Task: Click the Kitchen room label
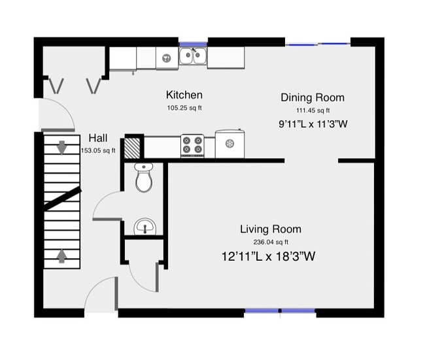[x=184, y=95]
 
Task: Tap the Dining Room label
[x=312, y=97]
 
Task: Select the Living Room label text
[x=270, y=229]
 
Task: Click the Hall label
[x=98, y=139]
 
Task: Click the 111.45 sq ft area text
[x=313, y=110]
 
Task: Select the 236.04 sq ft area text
[x=270, y=242]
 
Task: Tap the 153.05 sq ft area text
[x=98, y=150]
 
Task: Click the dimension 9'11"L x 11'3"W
[x=312, y=123]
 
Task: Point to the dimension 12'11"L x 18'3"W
[x=269, y=257]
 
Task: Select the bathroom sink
[x=144, y=227]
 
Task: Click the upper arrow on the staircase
[x=61, y=148]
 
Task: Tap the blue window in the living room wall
[x=280, y=311]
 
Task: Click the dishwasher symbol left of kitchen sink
[x=166, y=58]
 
